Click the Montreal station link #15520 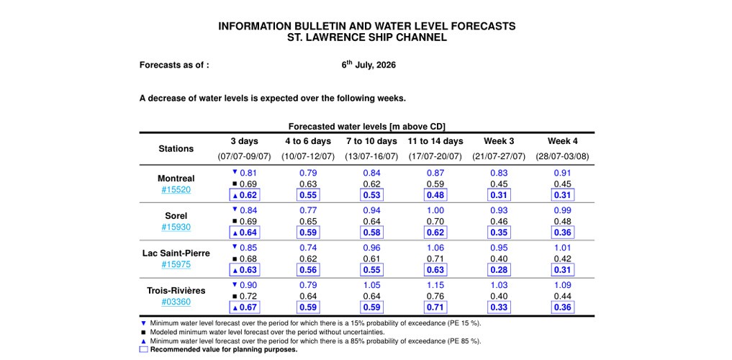pyautogui.click(x=176, y=190)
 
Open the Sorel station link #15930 pyautogui.click(x=176, y=228)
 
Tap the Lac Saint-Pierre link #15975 pyautogui.click(x=176, y=265)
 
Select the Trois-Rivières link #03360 pyautogui.click(x=176, y=302)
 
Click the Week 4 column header pyautogui.click(x=562, y=141)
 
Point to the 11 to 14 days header pyautogui.click(x=435, y=141)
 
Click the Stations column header pyautogui.click(x=176, y=149)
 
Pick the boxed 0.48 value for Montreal pyautogui.click(x=435, y=194)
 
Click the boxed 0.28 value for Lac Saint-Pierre pyautogui.click(x=499, y=270)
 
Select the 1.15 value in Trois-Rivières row pyautogui.click(x=435, y=285)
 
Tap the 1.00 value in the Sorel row pyautogui.click(x=435, y=210)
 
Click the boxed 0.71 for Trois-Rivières pyautogui.click(x=435, y=307)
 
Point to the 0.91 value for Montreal pyautogui.click(x=562, y=173)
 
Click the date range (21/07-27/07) pyautogui.click(x=499, y=157)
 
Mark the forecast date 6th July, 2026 pyautogui.click(x=369, y=65)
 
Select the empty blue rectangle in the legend pyautogui.click(x=144, y=348)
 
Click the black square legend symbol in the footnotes pyautogui.click(x=143, y=333)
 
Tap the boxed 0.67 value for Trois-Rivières pyautogui.click(x=244, y=307)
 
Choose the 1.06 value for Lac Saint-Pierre pyautogui.click(x=435, y=248)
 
